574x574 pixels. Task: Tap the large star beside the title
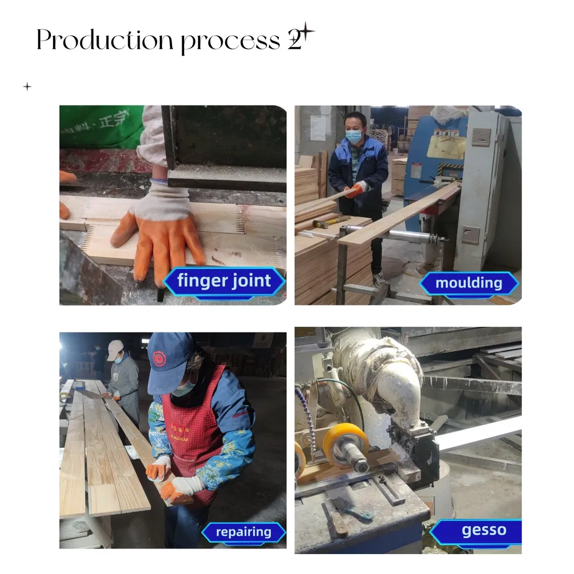coord(306,31)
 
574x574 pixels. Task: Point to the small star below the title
coord(27,87)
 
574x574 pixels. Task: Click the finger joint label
coord(224,282)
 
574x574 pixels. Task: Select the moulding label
coord(468,283)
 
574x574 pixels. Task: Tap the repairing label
coord(243,532)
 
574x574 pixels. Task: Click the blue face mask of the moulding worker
coord(354,136)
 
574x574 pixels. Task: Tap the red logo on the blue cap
coord(159,358)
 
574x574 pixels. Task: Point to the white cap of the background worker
coord(115,349)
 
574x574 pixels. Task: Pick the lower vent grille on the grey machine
coord(471,235)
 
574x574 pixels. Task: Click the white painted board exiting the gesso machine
coord(477,434)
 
